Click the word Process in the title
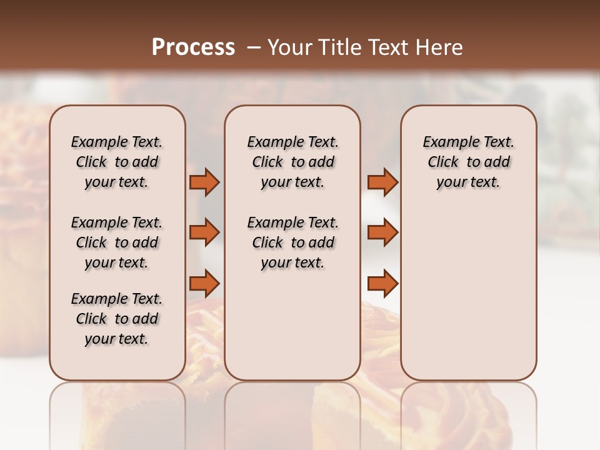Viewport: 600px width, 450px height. coord(193,47)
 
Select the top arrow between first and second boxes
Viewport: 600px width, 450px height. coord(205,182)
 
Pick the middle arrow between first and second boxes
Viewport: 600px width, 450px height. coord(205,232)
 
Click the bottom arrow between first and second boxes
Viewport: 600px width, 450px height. coord(205,283)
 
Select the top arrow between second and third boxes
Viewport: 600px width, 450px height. coord(382,182)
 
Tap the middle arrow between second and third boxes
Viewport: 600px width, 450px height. coord(382,232)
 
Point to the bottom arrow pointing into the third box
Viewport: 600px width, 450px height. coord(382,283)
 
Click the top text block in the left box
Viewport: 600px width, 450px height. coord(116,162)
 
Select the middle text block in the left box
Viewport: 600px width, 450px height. coord(116,242)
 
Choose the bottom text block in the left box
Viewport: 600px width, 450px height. coord(116,319)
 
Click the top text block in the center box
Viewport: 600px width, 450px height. coord(292,162)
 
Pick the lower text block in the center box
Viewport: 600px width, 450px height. coord(292,242)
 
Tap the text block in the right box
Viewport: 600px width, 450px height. coord(468,162)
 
